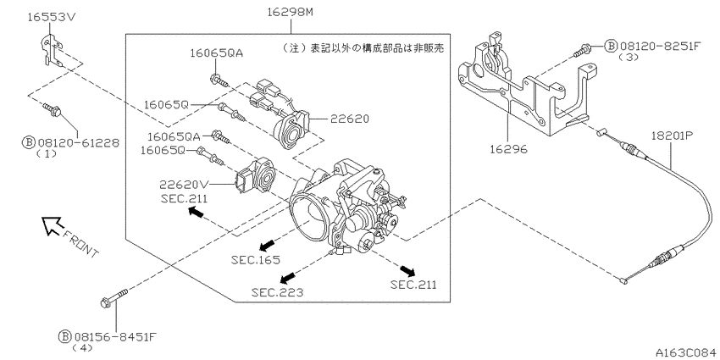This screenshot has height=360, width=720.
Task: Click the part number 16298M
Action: tap(291, 13)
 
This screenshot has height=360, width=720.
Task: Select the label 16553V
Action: tap(52, 18)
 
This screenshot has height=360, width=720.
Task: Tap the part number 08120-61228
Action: tap(77, 143)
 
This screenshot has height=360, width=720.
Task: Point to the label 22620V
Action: tap(184, 185)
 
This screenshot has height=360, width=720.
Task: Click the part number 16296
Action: tap(508, 149)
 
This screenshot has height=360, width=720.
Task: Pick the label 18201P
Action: tap(672, 136)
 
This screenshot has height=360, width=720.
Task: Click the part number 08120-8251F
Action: tap(660, 46)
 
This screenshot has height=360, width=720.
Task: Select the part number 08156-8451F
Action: tap(114, 336)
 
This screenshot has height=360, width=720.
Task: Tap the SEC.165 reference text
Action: tap(256, 260)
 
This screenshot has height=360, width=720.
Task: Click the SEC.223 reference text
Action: tap(277, 292)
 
